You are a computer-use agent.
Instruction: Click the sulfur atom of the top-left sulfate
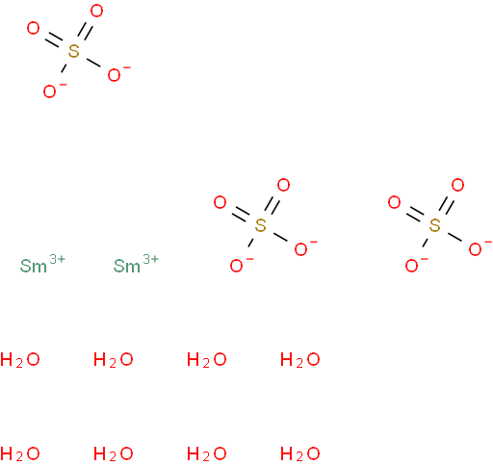(x=74, y=51)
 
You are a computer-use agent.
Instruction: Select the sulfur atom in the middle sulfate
(x=260, y=225)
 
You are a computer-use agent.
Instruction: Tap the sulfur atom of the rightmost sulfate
(x=434, y=225)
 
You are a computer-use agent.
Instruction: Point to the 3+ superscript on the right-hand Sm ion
(x=150, y=259)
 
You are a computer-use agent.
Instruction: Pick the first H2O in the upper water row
(x=20, y=359)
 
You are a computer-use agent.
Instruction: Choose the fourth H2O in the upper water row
(x=300, y=359)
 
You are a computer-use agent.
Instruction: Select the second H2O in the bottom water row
(x=114, y=453)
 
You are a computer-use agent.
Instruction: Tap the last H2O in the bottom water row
(x=300, y=453)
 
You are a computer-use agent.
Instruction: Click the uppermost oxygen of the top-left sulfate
(x=96, y=11)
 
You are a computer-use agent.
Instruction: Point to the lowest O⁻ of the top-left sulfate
(x=51, y=91)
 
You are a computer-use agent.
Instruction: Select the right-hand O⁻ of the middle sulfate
(x=302, y=248)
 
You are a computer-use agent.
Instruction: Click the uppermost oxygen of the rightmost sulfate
(x=457, y=185)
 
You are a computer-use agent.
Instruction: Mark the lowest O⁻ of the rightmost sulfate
(x=413, y=266)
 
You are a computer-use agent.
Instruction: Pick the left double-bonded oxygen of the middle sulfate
(x=221, y=202)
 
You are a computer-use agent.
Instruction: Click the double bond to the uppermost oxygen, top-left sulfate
(x=85, y=31)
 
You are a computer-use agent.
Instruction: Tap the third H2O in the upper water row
(x=207, y=359)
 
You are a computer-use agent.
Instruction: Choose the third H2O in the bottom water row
(x=207, y=453)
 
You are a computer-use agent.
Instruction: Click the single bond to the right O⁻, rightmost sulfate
(x=454, y=237)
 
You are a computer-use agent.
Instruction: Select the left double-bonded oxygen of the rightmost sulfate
(x=395, y=202)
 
